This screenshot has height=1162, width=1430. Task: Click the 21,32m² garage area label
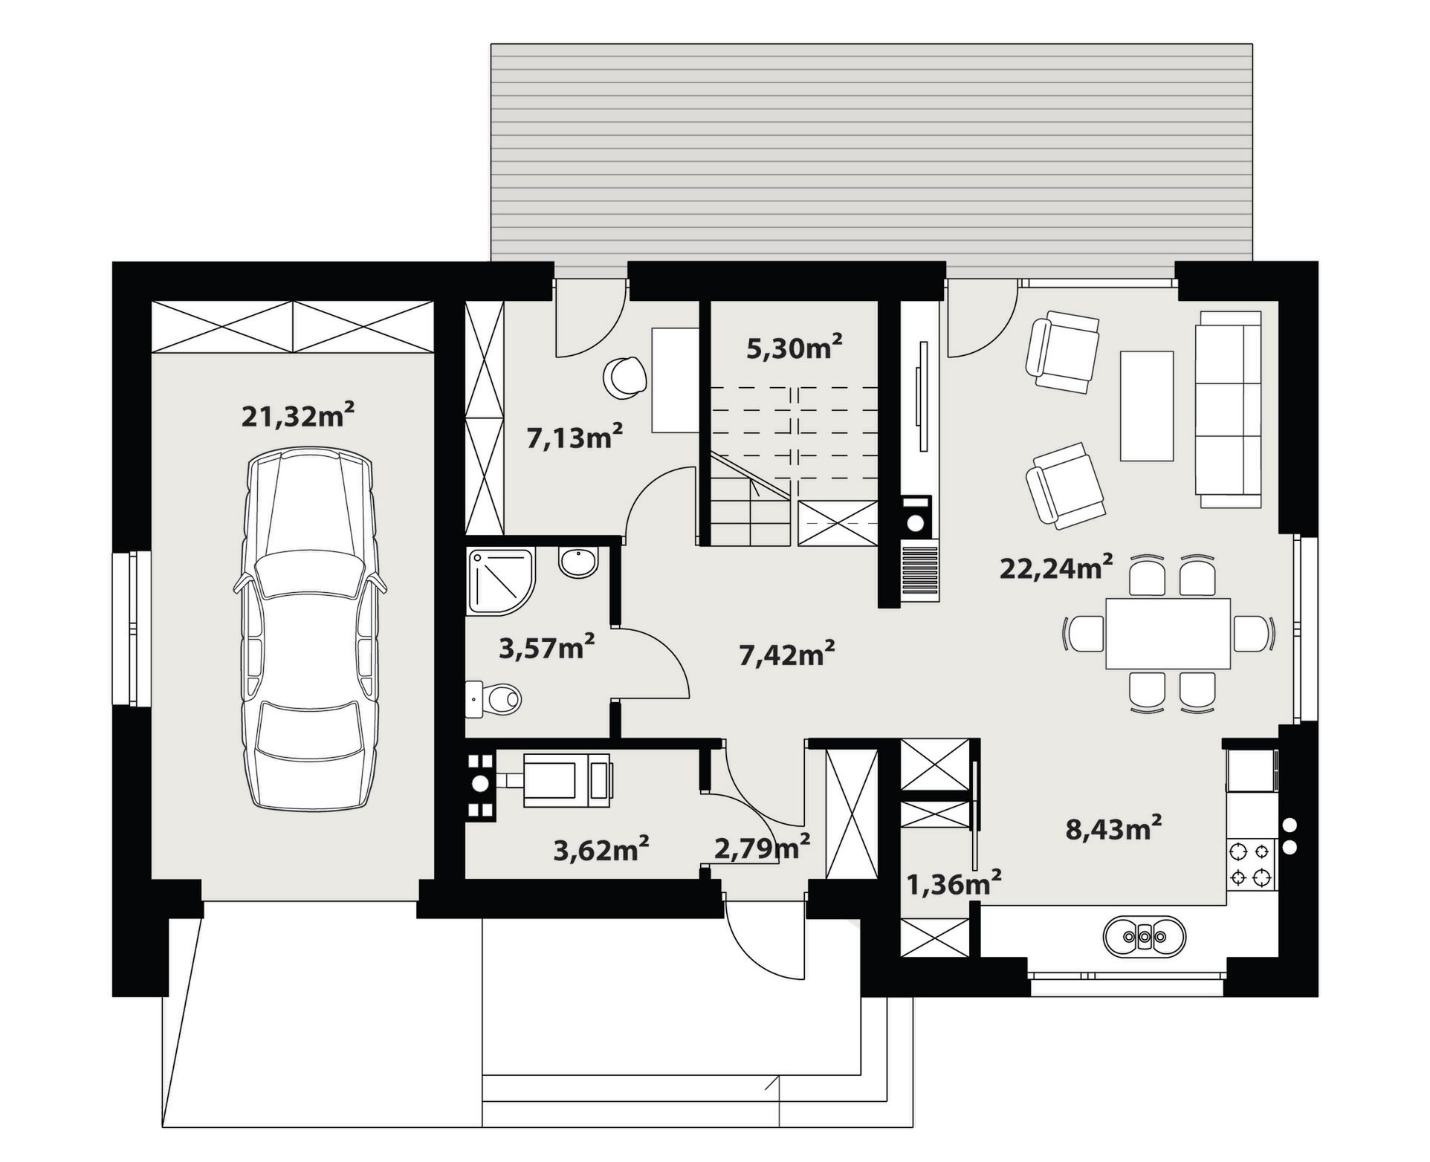pos(297,415)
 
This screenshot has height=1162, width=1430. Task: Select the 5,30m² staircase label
pos(795,346)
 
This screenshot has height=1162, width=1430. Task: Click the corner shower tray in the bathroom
pos(501,582)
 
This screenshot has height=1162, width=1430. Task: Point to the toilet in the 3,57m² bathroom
pos(494,699)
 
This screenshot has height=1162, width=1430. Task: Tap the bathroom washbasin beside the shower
pos(578,562)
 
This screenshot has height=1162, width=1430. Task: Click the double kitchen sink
pos(1144,938)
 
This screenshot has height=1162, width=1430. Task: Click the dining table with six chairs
pos(1168,634)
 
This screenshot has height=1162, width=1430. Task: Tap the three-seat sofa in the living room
pos(1228,409)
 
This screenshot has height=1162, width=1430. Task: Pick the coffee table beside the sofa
pos(1147,406)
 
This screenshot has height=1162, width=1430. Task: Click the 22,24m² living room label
pos(1056,568)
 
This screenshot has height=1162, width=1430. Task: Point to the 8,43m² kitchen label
pos(1113,828)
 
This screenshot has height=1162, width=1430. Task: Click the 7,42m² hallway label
pos(787,655)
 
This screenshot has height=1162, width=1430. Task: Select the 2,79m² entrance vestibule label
pos(762,848)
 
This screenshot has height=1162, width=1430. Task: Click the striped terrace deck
pos(871,152)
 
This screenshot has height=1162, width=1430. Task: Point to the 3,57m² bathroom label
pos(546,648)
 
